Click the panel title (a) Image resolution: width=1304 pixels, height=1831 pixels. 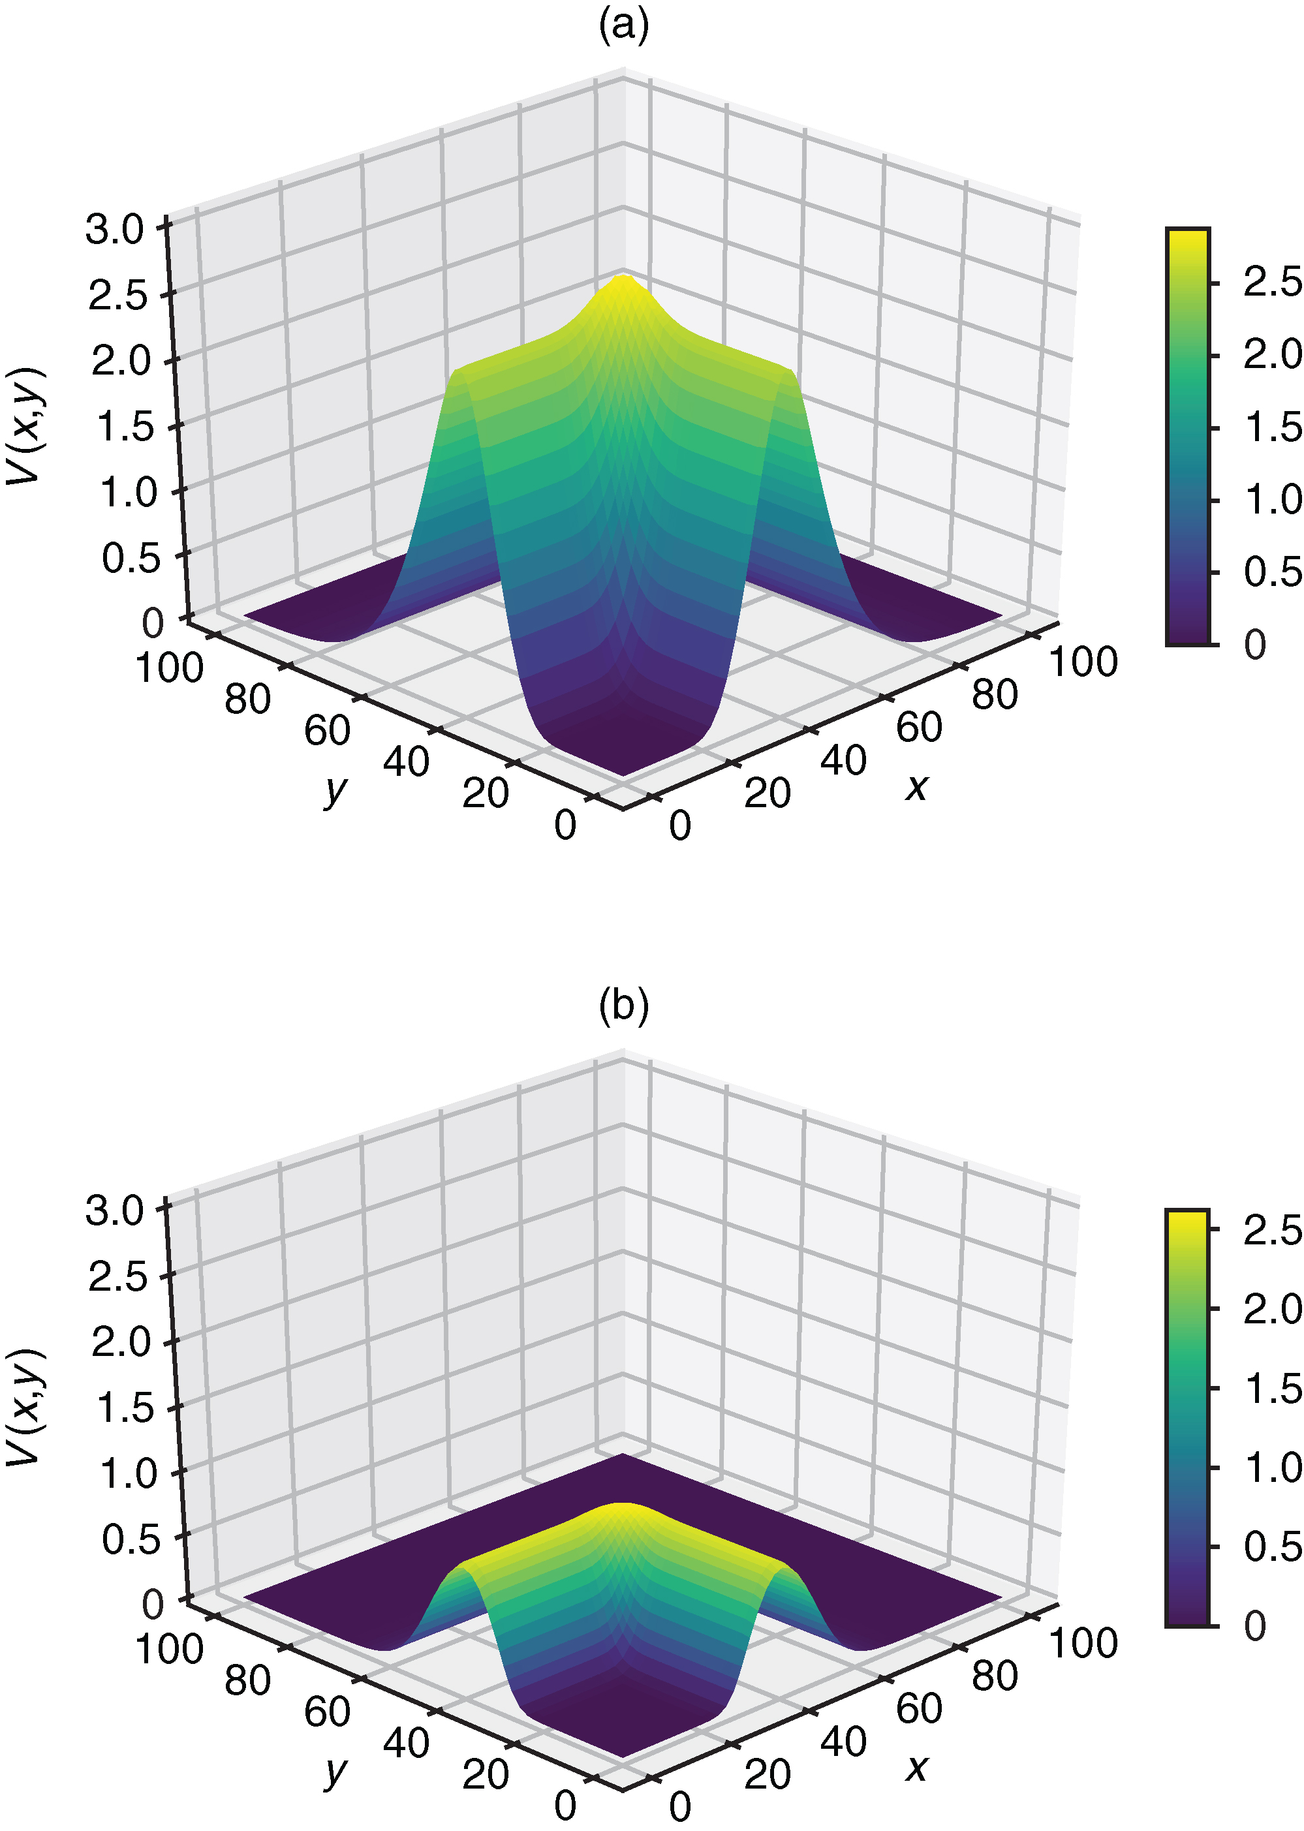[x=623, y=25]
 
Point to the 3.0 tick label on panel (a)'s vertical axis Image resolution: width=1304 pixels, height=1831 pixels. [x=115, y=230]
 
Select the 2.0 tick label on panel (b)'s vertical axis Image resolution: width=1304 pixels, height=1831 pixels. [x=121, y=1342]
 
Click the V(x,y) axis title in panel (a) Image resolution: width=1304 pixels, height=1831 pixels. [x=25, y=425]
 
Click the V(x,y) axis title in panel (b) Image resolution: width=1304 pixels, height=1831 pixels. [x=25, y=1406]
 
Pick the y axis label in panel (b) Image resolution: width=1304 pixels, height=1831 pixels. [x=335, y=1769]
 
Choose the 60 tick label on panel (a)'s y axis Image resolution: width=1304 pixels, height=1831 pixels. [x=327, y=730]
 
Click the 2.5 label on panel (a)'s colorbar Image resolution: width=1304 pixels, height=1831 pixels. [x=1272, y=283]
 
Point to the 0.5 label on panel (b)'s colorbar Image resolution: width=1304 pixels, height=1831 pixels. [x=1272, y=1546]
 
